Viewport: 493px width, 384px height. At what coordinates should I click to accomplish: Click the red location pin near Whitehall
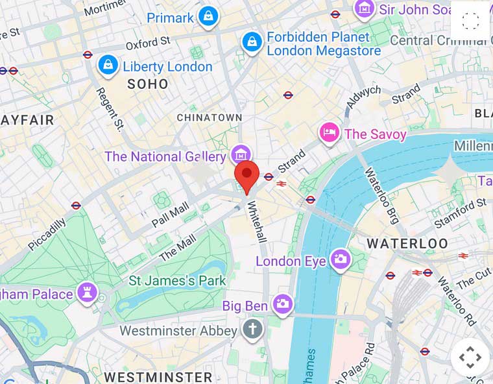coord(246,175)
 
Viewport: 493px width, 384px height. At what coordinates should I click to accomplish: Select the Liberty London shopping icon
coord(107,65)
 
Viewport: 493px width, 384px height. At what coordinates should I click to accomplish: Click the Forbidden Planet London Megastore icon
coord(252,43)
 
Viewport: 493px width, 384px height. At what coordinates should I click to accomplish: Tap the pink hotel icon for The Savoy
coord(330,134)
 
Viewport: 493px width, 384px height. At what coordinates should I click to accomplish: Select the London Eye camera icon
coord(340,259)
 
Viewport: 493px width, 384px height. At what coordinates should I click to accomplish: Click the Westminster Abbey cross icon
coord(252,330)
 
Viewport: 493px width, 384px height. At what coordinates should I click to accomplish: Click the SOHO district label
coord(147,84)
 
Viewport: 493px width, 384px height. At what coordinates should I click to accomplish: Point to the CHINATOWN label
coord(210,117)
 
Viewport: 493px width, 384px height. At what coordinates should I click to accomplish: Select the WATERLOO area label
coord(407,244)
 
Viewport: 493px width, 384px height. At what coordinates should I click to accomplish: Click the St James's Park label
coord(177,281)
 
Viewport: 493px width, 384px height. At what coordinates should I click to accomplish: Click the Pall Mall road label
coord(170,214)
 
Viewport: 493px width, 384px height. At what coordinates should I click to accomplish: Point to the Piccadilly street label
coord(47,234)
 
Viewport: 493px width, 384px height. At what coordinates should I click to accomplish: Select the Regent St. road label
coord(109,108)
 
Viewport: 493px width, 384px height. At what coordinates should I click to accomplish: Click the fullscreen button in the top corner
coord(470,21)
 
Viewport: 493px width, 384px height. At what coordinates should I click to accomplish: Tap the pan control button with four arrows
coord(470,357)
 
